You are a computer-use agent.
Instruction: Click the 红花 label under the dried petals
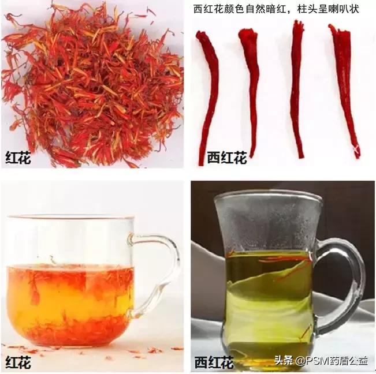(18, 159)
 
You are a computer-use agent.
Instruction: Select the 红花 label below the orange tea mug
(18, 362)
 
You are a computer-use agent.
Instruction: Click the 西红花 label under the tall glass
(214, 362)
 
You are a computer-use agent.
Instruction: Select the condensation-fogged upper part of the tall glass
(266, 222)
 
